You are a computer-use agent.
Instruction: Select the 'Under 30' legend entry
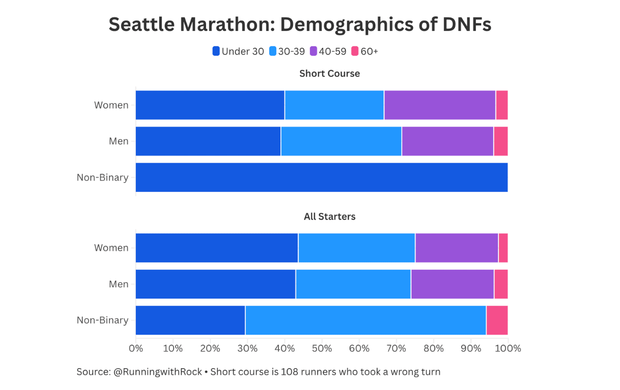tap(238, 52)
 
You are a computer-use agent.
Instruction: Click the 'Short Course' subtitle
tap(330, 74)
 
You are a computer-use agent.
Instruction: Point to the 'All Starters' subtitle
tap(330, 216)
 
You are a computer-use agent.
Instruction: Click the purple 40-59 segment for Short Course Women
tap(440, 105)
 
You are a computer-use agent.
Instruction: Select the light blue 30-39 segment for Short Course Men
tap(341, 141)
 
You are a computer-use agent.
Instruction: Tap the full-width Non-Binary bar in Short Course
tap(321, 178)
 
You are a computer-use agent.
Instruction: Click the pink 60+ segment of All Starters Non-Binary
tap(497, 320)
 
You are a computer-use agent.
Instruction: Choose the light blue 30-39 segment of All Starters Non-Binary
tap(365, 320)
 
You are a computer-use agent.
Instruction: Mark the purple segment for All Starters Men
tap(452, 284)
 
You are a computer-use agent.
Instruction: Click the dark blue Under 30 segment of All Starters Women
tap(217, 248)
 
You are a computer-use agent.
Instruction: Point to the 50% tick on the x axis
tap(322, 348)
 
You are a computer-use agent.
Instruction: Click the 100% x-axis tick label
tap(508, 348)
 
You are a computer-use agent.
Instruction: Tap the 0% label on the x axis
tap(136, 348)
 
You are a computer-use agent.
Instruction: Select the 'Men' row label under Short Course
tap(119, 141)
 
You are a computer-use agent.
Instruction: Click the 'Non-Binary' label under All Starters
tap(103, 320)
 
